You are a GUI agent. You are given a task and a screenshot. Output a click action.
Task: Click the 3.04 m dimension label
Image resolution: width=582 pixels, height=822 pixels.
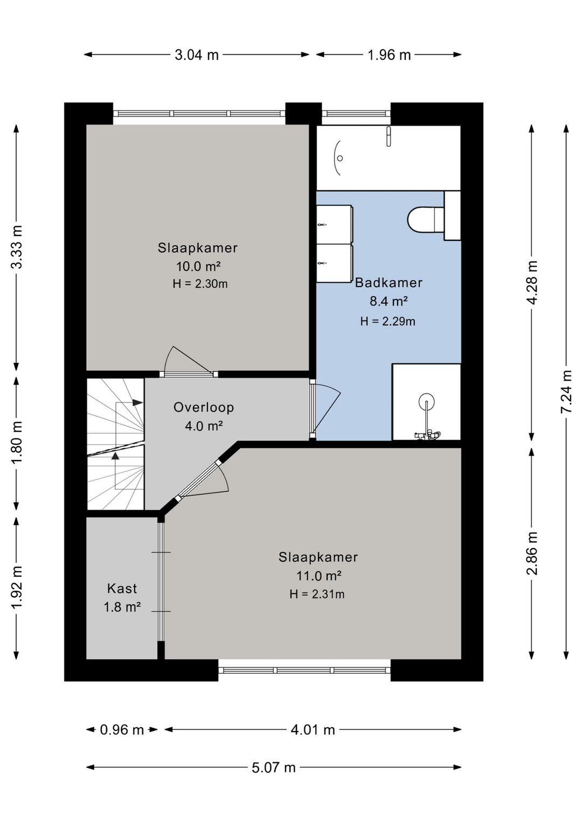click(197, 55)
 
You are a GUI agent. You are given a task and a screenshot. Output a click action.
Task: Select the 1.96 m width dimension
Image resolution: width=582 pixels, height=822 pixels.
click(389, 55)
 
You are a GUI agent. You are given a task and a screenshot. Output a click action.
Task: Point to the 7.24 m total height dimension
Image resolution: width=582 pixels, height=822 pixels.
click(566, 392)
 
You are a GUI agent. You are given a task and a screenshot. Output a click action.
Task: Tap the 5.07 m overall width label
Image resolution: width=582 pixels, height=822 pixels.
click(274, 767)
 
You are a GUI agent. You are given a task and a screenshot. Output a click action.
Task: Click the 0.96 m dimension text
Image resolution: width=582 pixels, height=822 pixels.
click(122, 730)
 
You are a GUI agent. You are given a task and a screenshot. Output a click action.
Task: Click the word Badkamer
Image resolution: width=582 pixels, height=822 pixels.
click(389, 283)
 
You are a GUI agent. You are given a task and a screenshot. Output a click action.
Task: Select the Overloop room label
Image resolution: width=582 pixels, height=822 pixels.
click(203, 407)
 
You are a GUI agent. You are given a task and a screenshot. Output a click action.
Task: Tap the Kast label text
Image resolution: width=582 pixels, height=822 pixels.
click(122, 589)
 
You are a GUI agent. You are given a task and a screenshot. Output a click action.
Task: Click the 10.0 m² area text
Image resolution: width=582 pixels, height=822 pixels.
click(198, 266)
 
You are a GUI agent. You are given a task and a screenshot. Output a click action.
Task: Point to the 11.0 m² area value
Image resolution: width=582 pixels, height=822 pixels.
click(318, 576)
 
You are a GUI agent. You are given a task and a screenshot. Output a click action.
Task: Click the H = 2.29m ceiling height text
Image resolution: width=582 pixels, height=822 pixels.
click(388, 322)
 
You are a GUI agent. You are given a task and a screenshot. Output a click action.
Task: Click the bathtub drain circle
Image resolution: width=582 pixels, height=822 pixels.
click(340, 158)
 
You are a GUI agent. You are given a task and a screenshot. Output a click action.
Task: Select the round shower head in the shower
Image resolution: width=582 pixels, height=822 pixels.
click(427, 400)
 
